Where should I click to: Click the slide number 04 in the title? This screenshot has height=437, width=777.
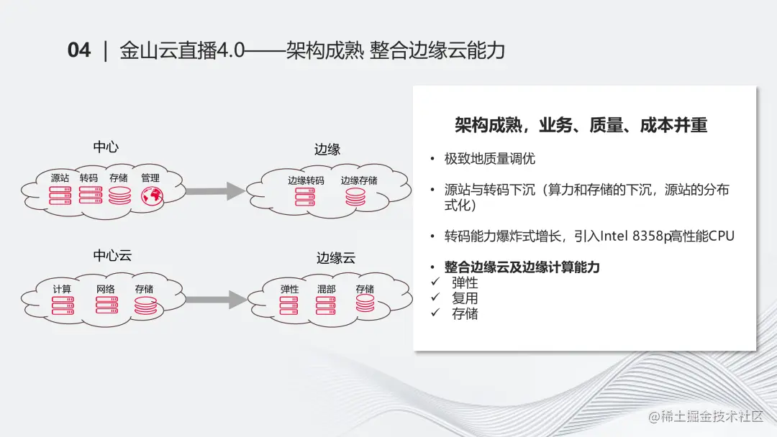tap(79, 50)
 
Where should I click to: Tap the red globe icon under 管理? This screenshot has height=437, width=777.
tap(150, 195)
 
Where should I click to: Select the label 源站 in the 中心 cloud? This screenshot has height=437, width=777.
tap(60, 178)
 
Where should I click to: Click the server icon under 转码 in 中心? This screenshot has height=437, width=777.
tap(90, 195)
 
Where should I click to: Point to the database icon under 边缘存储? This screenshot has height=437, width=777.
tap(355, 197)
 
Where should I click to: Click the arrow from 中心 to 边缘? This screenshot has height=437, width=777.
tap(214, 190)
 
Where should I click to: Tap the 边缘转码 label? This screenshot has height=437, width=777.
tap(306, 180)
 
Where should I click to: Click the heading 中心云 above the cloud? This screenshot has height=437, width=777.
tap(112, 256)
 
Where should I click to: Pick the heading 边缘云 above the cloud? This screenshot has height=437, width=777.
tap(336, 258)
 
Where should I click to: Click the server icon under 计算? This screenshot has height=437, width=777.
tap(63, 305)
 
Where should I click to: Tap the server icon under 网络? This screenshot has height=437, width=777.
tap(106, 305)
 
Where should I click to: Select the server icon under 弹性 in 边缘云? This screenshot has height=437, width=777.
tap(289, 305)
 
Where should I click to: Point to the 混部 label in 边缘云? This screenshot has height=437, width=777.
tap(326, 289)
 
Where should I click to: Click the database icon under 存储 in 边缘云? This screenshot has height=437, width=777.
tap(365, 303)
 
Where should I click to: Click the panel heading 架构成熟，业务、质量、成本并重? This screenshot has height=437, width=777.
tap(581, 126)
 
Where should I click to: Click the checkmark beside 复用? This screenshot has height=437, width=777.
tap(434, 298)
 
